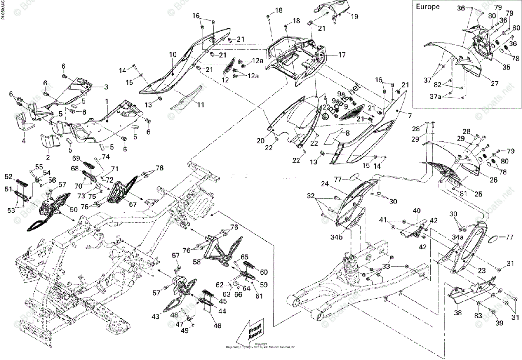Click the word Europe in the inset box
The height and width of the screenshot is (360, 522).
point(428,7)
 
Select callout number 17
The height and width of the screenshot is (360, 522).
point(341,55)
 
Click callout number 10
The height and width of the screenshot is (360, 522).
point(173,55)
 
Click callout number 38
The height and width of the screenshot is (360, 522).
point(457,313)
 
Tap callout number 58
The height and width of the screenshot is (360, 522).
point(197,262)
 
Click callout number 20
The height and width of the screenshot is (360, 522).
point(260,140)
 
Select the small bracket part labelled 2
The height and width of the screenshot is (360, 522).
point(49,141)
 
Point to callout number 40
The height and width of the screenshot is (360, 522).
point(416,211)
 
